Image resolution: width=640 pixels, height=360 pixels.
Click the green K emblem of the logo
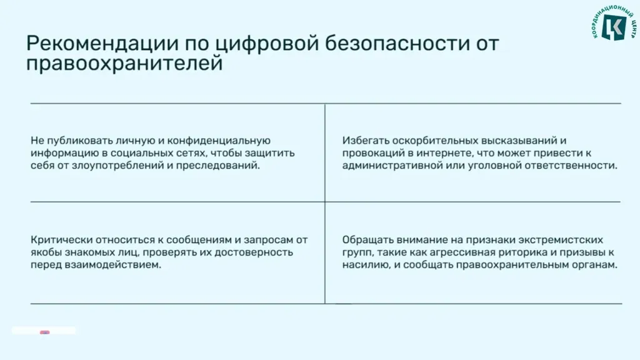[x=614, y=27]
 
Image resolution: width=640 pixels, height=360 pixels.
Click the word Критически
[x=59, y=240]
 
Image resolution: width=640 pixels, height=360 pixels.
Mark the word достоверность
[x=254, y=252]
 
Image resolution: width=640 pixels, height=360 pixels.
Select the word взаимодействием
[x=112, y=265]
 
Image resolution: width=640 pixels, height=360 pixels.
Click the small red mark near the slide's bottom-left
[x=45, y=332]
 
